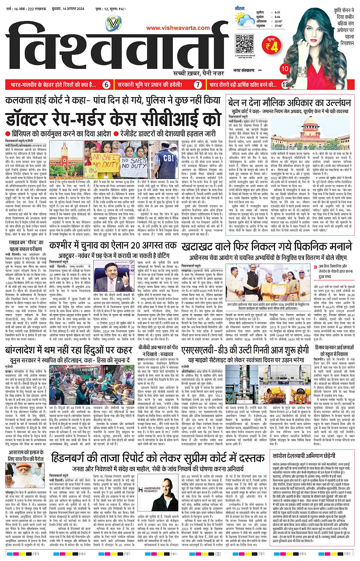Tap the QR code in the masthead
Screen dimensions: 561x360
[244, 44]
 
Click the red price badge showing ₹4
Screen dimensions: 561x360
[272, 45]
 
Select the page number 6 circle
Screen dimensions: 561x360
[107, 85]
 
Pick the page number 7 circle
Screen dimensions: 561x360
[198, 85]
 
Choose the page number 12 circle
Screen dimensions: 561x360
[284, 85]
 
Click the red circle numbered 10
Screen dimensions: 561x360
[285, 69]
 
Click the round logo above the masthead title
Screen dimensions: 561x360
[113, 24]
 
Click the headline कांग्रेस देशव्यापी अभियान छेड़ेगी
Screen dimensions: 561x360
[304, 456]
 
